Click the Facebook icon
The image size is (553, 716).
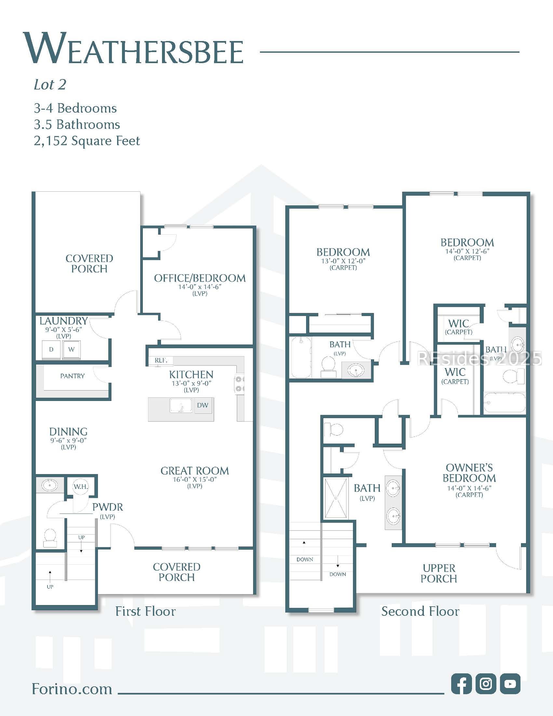pos(461,683)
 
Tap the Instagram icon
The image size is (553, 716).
pos(486,683)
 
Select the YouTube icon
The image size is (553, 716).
pos(510,683)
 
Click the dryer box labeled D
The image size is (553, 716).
pos(51,350)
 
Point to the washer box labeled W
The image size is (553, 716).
pos(72,350)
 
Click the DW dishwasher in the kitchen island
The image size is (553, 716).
pos(203,405)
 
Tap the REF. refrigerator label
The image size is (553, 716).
pos(161,360)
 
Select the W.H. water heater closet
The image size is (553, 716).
pos(81,487)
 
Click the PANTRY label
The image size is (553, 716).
pos(73,376)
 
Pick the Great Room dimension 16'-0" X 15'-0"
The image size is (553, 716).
pos(195,479)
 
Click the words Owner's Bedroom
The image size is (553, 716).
pos(469,473)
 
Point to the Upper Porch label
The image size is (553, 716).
pos(439,573)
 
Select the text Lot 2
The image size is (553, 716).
pos(50,85)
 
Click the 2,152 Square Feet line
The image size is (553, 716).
pos(87,141)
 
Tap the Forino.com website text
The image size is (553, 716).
pos(72,689)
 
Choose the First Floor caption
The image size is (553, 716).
pos(145,612)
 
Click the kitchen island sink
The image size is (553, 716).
pos(181,406)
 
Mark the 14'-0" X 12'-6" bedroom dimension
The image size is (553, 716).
pos(467,251)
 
